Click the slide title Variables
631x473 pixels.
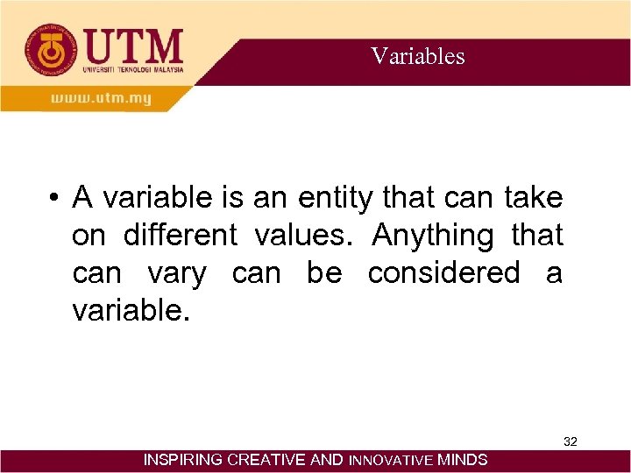(417, 57)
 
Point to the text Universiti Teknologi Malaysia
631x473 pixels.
(133, 69)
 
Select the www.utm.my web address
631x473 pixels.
(100, 98)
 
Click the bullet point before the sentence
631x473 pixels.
(54, 199)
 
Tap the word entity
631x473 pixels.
(337, 199)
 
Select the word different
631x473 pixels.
(180, 236)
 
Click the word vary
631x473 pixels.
(176, 273)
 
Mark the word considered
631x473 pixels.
(443, 273)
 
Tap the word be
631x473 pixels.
(324, 273)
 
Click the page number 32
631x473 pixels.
(570, 441)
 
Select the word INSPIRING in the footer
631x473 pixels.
(182, 460)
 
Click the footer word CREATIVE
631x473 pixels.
(269, 460)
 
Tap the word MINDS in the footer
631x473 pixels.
(463, 460)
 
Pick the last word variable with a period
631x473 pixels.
(131, 310)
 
